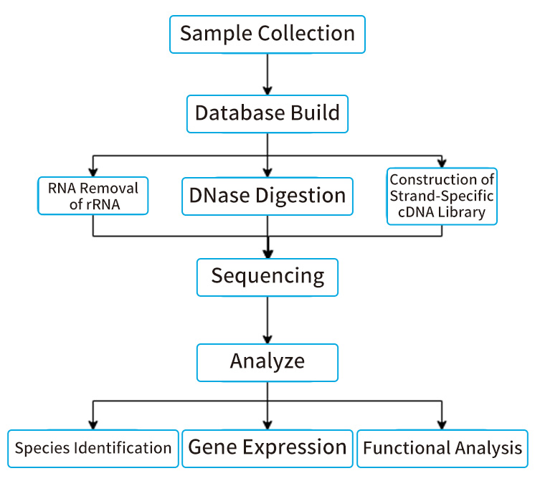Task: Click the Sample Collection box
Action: [267, 34]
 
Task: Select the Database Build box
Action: [267, 113]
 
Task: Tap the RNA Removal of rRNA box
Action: [93, 196]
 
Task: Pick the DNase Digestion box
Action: [267, 196]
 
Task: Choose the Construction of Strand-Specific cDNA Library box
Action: [442, 196]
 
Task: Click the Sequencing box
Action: [267, 276]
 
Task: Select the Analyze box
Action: [267, 361]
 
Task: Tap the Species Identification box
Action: [93, 449]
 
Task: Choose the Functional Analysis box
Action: [442, 449]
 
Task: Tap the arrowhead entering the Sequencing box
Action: [267, 252]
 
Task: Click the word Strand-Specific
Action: [442, 196]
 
